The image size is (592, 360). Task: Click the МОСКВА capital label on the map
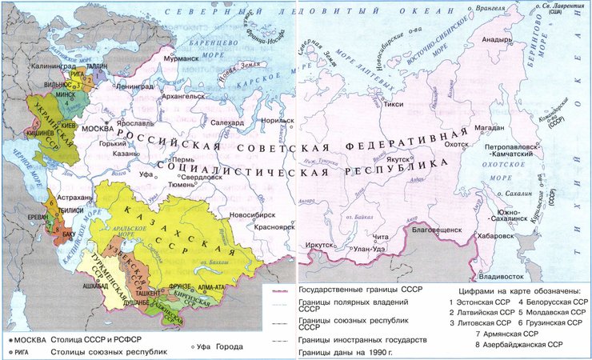point(98,129)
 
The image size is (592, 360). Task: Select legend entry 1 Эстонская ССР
point(481,302)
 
